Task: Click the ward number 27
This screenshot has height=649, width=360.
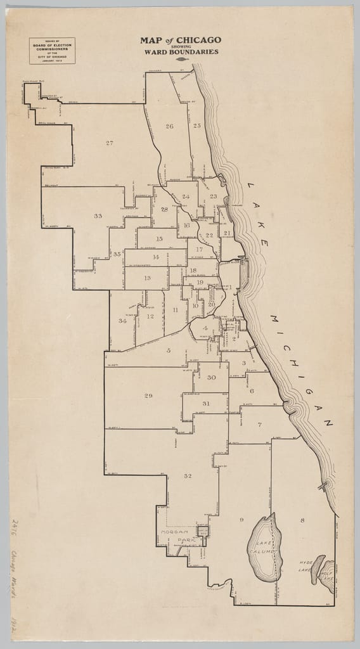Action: coord(110,143)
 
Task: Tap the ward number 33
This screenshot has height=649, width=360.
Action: coord(98,216)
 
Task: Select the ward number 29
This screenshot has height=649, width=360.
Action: coord(148,396)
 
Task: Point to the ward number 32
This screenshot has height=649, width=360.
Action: coord(188,476)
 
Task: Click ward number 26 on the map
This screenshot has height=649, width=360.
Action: coord(169,127)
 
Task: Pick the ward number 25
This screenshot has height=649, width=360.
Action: coord(197,126)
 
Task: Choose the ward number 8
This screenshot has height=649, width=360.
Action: coord(302,520)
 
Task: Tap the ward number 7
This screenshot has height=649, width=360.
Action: coord(259,424)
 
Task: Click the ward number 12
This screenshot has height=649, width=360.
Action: coord(150,316)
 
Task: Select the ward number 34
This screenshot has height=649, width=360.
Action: coord(122,321)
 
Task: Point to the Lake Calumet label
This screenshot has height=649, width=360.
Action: coord(264,548)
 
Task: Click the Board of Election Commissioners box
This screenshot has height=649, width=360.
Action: coord(52,51)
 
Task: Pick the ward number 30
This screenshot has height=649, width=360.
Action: coord(212,378)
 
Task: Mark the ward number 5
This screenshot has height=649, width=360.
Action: coord(169,350)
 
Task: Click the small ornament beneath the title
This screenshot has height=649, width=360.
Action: coord(181,59)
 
